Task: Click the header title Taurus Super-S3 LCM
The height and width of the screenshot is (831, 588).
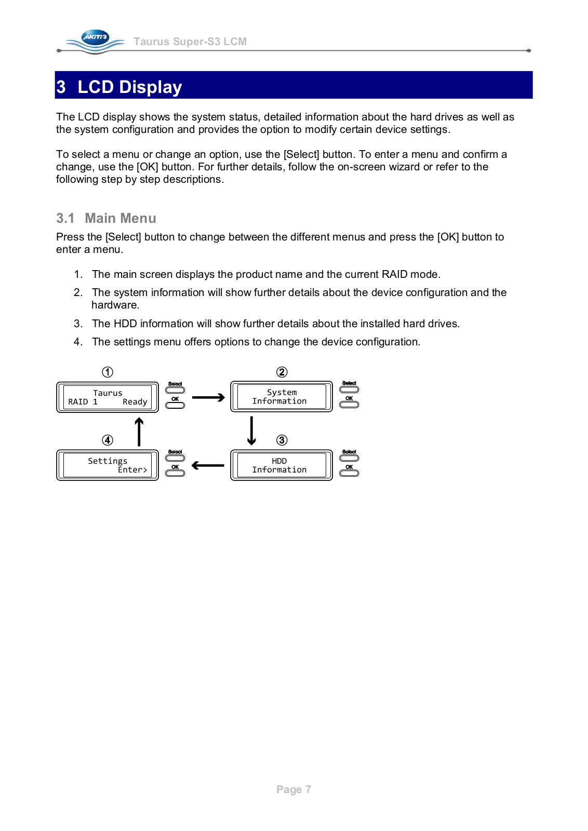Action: click(190, 42)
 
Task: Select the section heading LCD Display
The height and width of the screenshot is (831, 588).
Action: click(129, 87)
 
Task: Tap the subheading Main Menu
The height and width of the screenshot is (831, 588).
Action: click(121, 218)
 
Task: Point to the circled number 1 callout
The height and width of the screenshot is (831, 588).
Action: click(108, 372)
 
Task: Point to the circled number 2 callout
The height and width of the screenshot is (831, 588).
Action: click(282, 372)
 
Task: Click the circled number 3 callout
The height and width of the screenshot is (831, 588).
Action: click(282, 440)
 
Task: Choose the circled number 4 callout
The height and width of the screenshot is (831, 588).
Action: click(108, 440)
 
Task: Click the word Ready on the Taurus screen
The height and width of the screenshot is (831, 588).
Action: click(135, 402)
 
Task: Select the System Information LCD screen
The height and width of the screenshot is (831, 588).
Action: click(281, 397)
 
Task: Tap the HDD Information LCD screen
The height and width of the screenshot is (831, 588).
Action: click(281, 465)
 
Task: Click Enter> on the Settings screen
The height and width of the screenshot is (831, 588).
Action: click(132, 470)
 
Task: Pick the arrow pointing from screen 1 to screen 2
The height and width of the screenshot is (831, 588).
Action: click(208, 398)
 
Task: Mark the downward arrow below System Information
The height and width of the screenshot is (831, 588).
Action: click(251, 431)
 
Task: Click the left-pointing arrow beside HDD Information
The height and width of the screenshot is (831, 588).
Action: click(208, 465)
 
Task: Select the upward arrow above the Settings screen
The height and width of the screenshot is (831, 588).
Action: click(139, 432)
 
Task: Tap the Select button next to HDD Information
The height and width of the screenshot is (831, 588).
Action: click(349, 458)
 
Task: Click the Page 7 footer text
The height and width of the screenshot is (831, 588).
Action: click(293, 789)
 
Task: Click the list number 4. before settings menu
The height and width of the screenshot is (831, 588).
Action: click(78, 342)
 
